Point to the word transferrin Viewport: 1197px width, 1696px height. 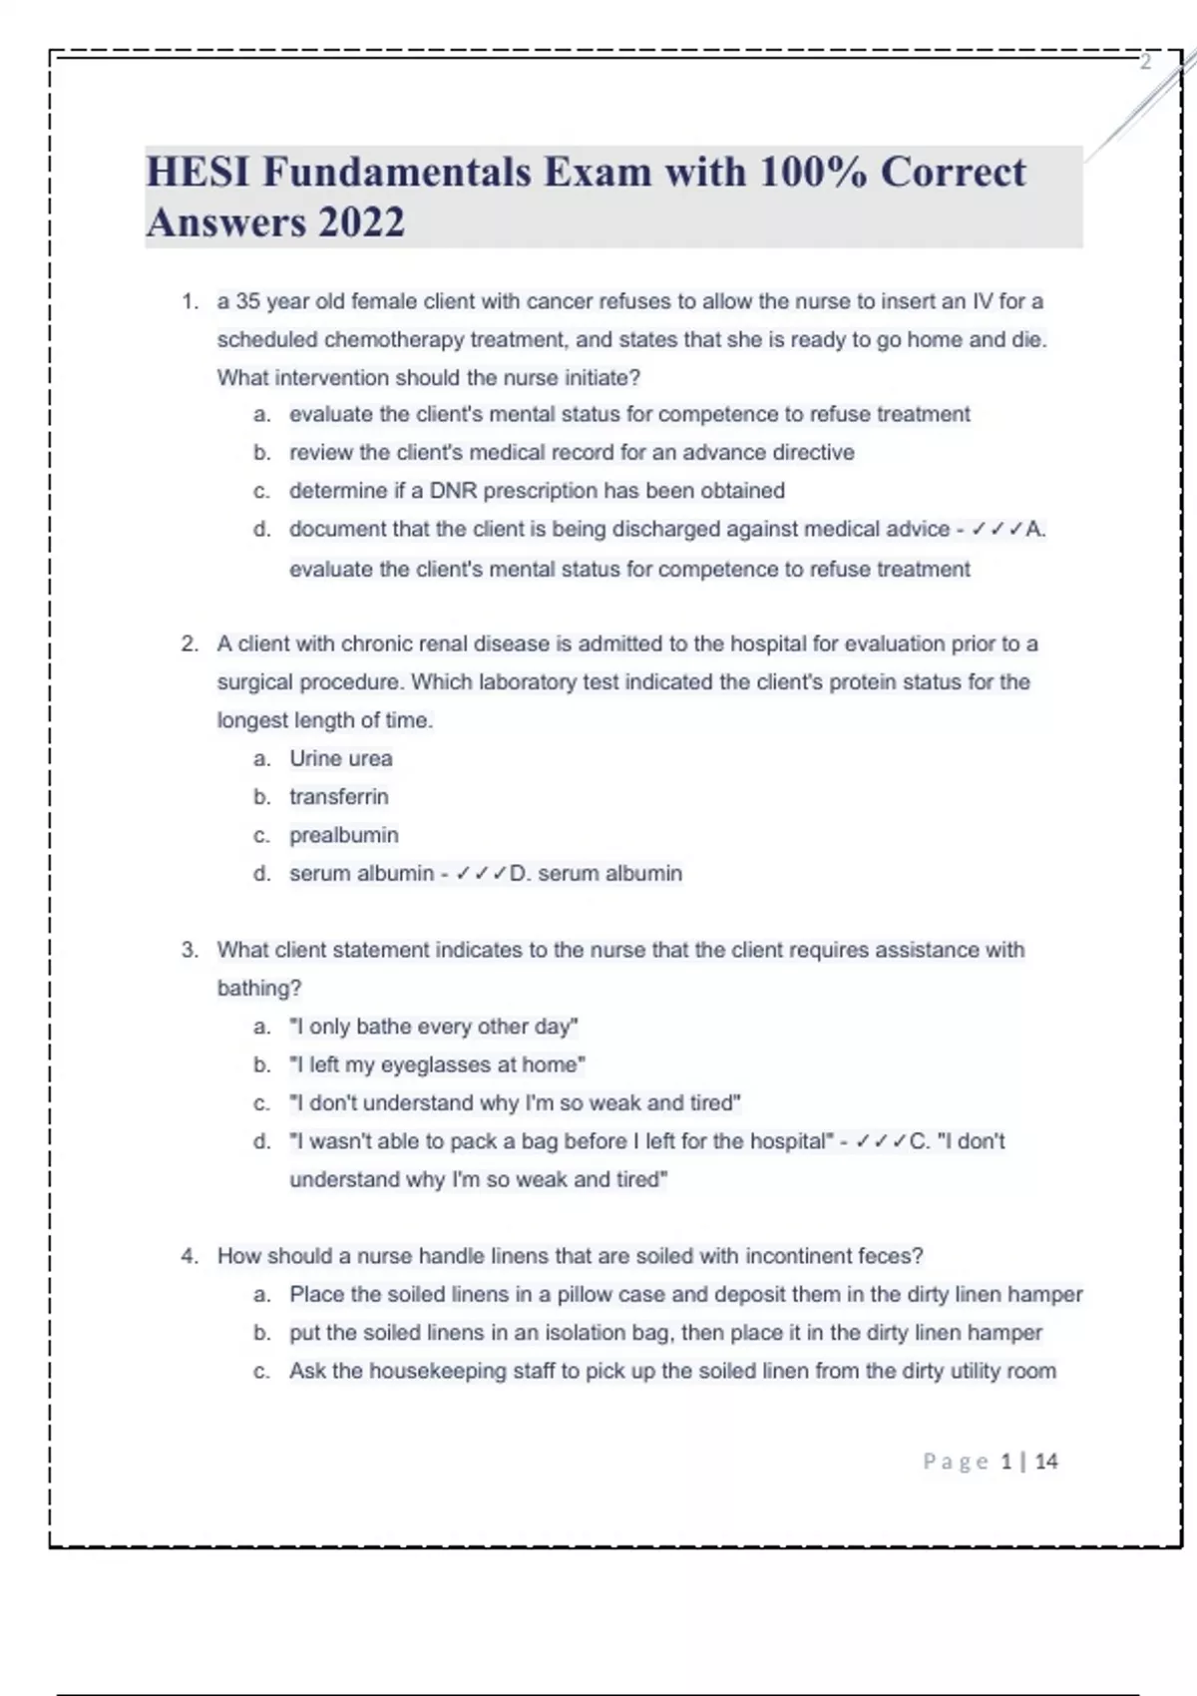338,797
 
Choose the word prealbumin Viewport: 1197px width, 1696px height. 343,835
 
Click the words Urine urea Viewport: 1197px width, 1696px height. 340,759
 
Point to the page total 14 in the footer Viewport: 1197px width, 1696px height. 1046,1462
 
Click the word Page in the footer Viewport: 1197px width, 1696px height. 955,1462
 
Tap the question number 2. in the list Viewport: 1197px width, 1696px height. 190,644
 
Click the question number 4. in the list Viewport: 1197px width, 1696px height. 190,1256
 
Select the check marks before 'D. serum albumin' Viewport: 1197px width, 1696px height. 481,874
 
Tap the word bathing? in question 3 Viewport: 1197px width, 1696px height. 258,989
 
